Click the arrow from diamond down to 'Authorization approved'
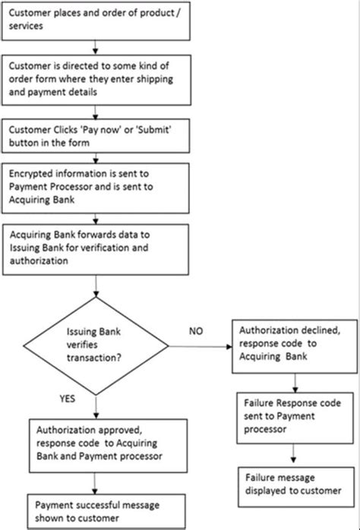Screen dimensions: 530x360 [95, 406]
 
